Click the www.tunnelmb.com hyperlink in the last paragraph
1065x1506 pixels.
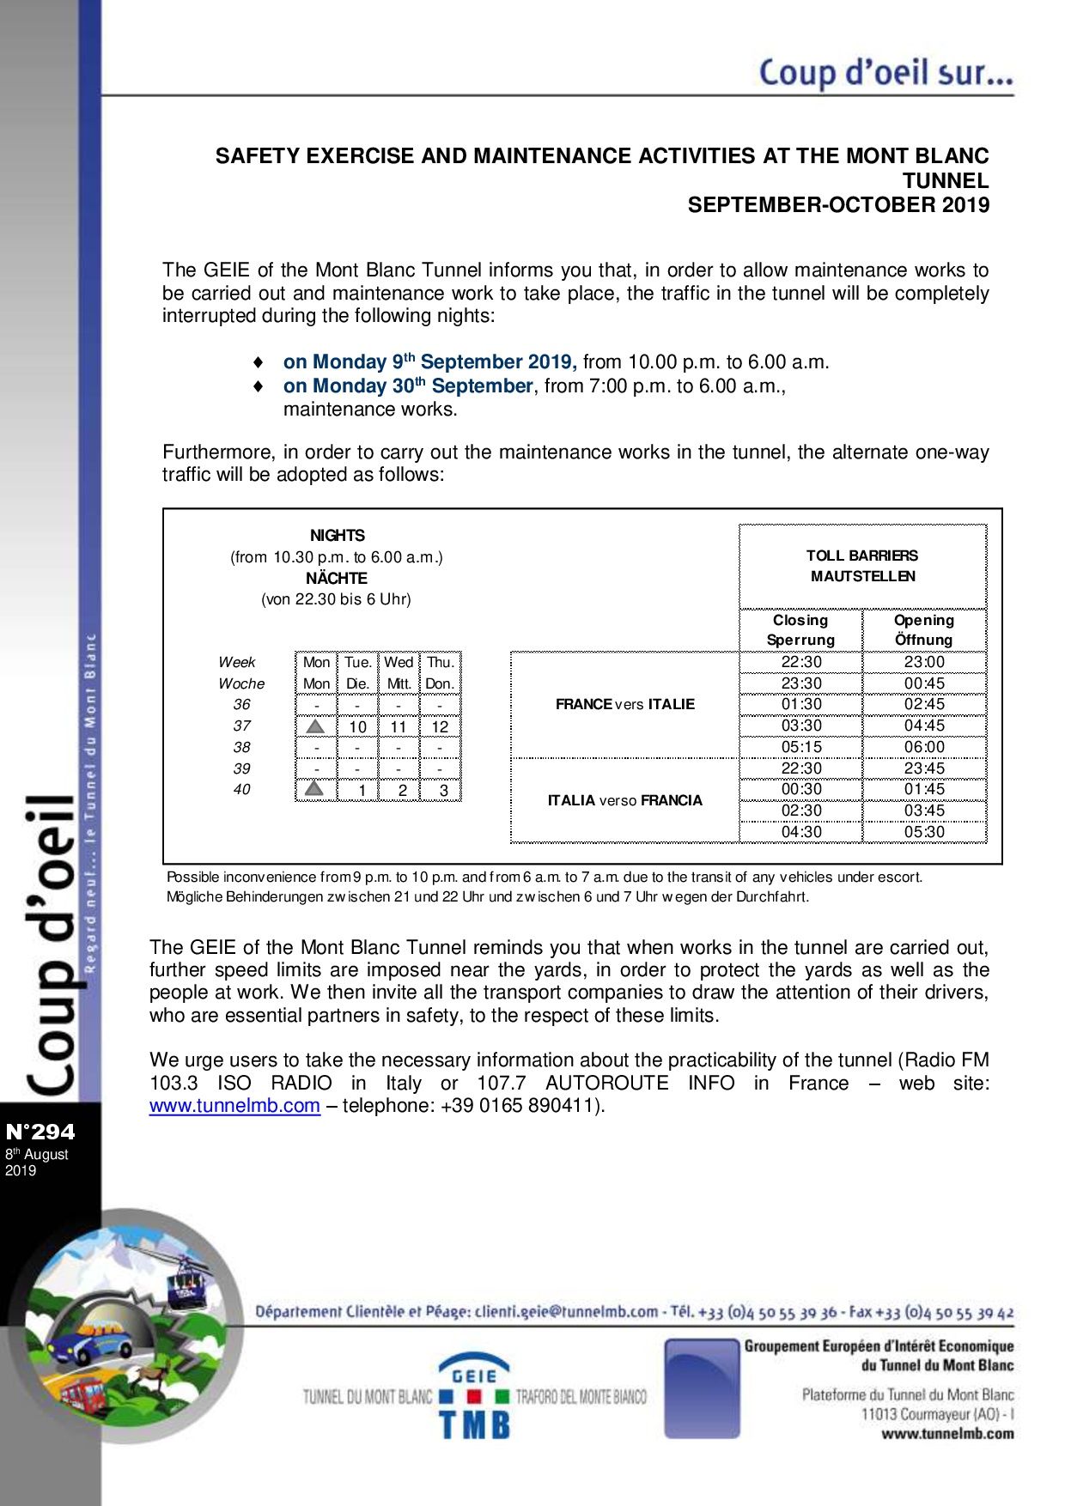coord(234,1106)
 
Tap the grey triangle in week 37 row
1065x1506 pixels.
coord(316,726)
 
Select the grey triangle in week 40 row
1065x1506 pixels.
coord(316,789)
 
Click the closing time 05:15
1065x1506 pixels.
coord(800,747)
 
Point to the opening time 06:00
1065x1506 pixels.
coord(923,747)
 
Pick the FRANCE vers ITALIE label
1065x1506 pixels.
coord(624,704)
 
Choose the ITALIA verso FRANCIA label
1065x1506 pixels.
coord(624,800)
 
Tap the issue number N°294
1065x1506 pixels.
coord(40,1132)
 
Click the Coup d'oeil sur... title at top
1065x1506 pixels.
coord(885,73)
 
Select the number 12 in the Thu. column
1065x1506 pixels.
coord(440,727)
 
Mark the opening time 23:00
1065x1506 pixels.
coord(923,662)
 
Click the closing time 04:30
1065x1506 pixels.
coord(800,832)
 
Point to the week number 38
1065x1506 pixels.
coord(242,748)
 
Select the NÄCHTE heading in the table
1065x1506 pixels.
coord(337,578)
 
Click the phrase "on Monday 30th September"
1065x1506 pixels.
coord(408,386)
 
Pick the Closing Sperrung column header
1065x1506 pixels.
coord(800,629)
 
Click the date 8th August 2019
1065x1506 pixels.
coord(36,1162)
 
